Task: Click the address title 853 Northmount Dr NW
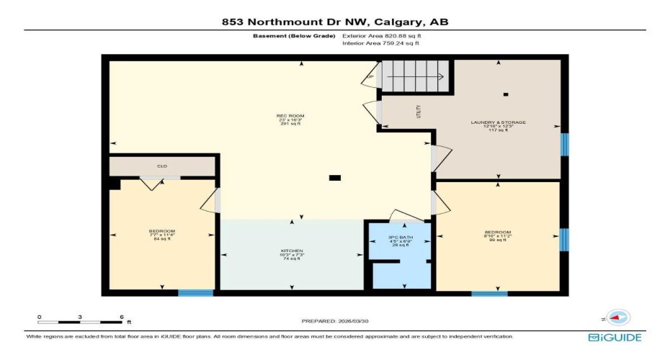point(334,22)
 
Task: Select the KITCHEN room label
point(292,254)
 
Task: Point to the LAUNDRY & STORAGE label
point(498,126)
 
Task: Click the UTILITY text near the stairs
point(418,112)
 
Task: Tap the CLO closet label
point(162,166)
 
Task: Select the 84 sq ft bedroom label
point(156,234)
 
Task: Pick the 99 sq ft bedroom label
point(497,236)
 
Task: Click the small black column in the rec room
point(334,178)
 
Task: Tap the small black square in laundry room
point(506,94)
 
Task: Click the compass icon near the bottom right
point(617,317)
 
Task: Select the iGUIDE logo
point(614,337)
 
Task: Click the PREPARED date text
point(334,320)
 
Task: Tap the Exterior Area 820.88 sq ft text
point(380,35)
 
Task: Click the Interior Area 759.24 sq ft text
point(380,43)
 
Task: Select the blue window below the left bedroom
point(196,293)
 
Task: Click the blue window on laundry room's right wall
point(565,144)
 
